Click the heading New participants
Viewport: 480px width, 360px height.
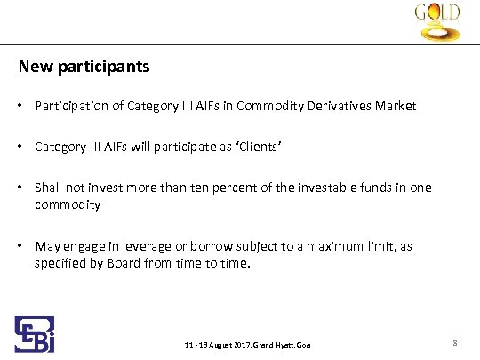click(84, 67)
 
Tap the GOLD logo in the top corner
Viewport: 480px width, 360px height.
click(437, 22)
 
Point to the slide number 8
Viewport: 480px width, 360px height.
click(454, 342)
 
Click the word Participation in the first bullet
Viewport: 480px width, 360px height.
click(69, 106)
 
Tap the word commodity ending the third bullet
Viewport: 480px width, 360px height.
click(67, 204)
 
